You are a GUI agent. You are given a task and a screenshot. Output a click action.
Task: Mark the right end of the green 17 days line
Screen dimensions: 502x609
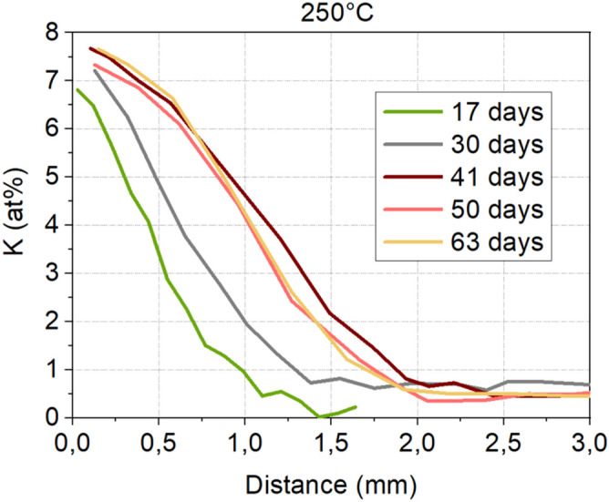click(356, 406)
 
